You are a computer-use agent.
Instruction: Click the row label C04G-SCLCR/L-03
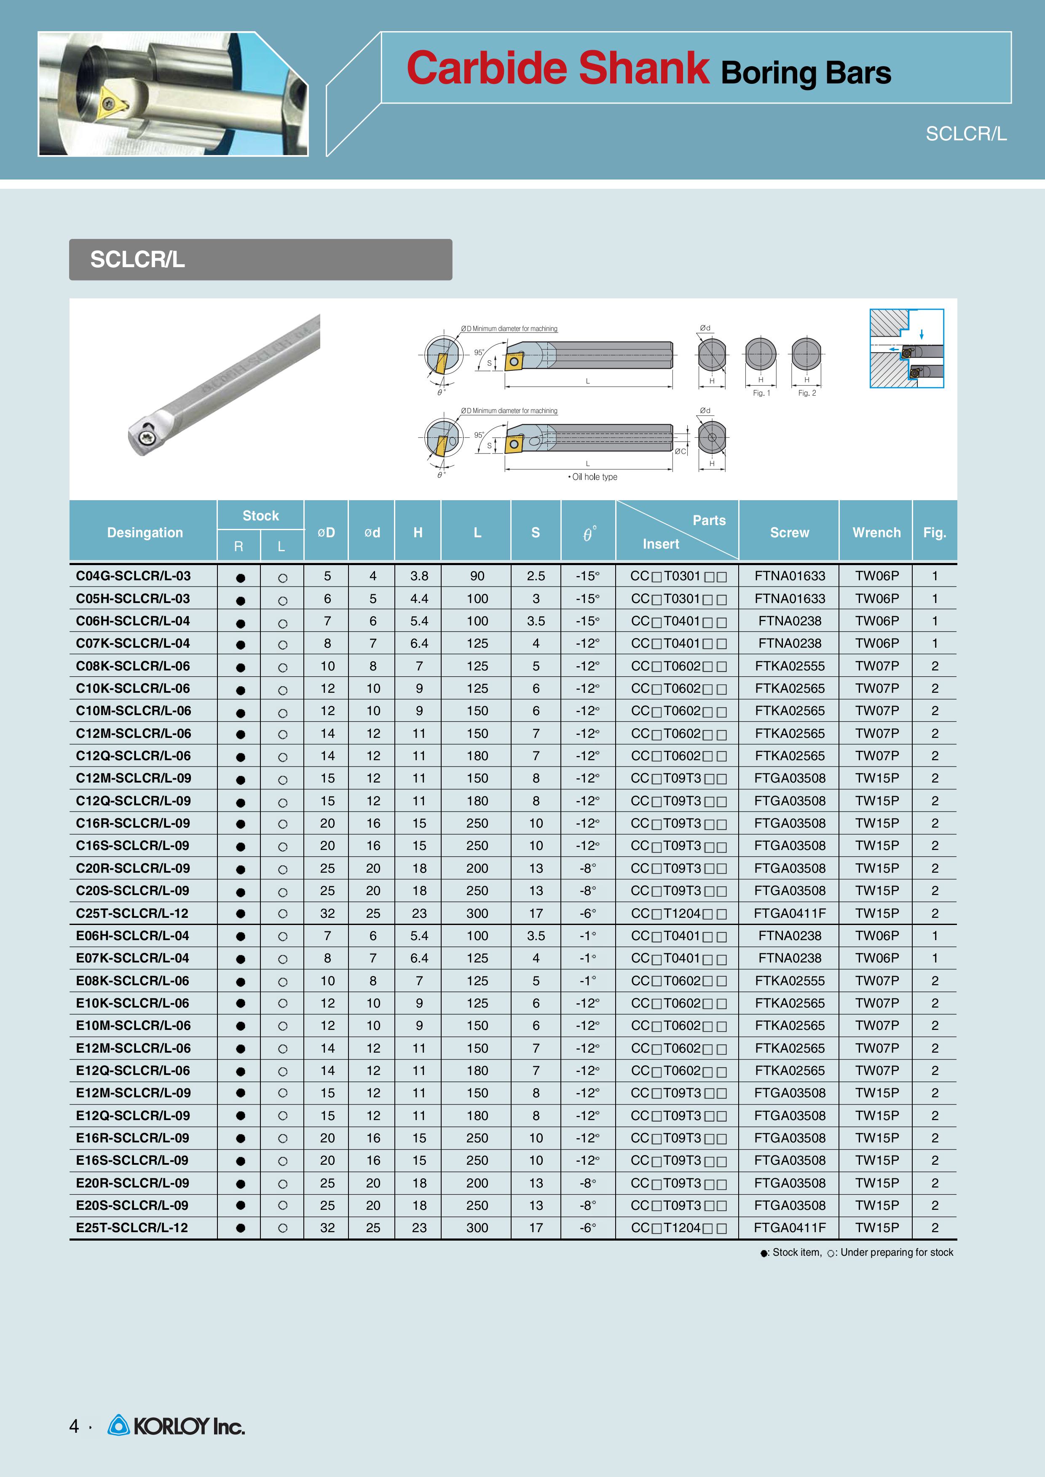[133, 576]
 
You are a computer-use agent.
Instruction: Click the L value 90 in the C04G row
[477, 576]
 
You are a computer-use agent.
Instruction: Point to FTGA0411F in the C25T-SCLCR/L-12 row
[790, 913]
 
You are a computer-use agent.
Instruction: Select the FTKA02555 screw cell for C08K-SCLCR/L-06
[790, 666]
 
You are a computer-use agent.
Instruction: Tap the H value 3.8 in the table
[419, 576]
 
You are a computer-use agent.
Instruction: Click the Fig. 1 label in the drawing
[761, 393]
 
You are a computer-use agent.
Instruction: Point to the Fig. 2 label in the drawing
[807, 393]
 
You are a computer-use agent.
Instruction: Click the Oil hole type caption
[593, 477]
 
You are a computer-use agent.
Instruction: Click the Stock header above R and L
[260, 515]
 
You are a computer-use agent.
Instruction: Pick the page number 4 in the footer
[74, 1427]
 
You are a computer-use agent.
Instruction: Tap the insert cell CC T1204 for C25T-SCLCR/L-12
[678, 913]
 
